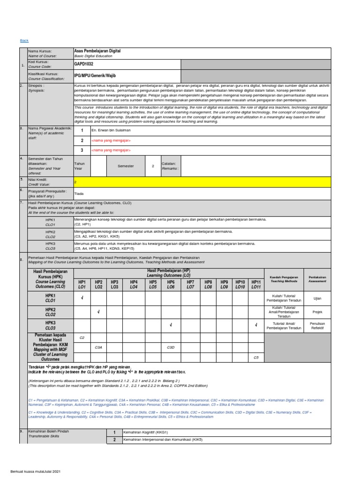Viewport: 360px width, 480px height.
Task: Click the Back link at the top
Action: tap(24, 41)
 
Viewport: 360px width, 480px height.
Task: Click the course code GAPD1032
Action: tap(84, 65)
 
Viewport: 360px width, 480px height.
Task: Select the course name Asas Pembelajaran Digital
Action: tap(97, 51)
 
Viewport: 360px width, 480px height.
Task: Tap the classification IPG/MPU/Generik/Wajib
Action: tap(94, 75)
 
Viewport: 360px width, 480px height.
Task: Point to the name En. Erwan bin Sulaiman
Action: tap(111, 130)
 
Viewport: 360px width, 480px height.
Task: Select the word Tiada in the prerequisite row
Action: tap(79, 193)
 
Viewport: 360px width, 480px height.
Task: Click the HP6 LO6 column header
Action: tap(171, 284)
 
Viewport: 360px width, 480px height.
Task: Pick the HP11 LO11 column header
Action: tap(256, 284)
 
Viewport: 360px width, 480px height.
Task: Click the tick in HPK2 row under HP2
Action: tap(98, 312)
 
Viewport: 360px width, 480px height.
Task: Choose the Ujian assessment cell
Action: tap(317, 298)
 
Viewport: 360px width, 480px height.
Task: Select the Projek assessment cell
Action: tap(317, 312)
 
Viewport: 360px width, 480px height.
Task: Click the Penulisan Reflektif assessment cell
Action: tap(317, 325)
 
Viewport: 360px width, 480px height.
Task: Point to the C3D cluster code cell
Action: tap(171, 347)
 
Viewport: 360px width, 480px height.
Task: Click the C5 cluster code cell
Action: tap(256, 357)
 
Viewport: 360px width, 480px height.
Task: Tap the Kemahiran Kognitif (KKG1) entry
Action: tap(146, 432)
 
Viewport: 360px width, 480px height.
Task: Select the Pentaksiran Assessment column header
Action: tap(317, 279)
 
